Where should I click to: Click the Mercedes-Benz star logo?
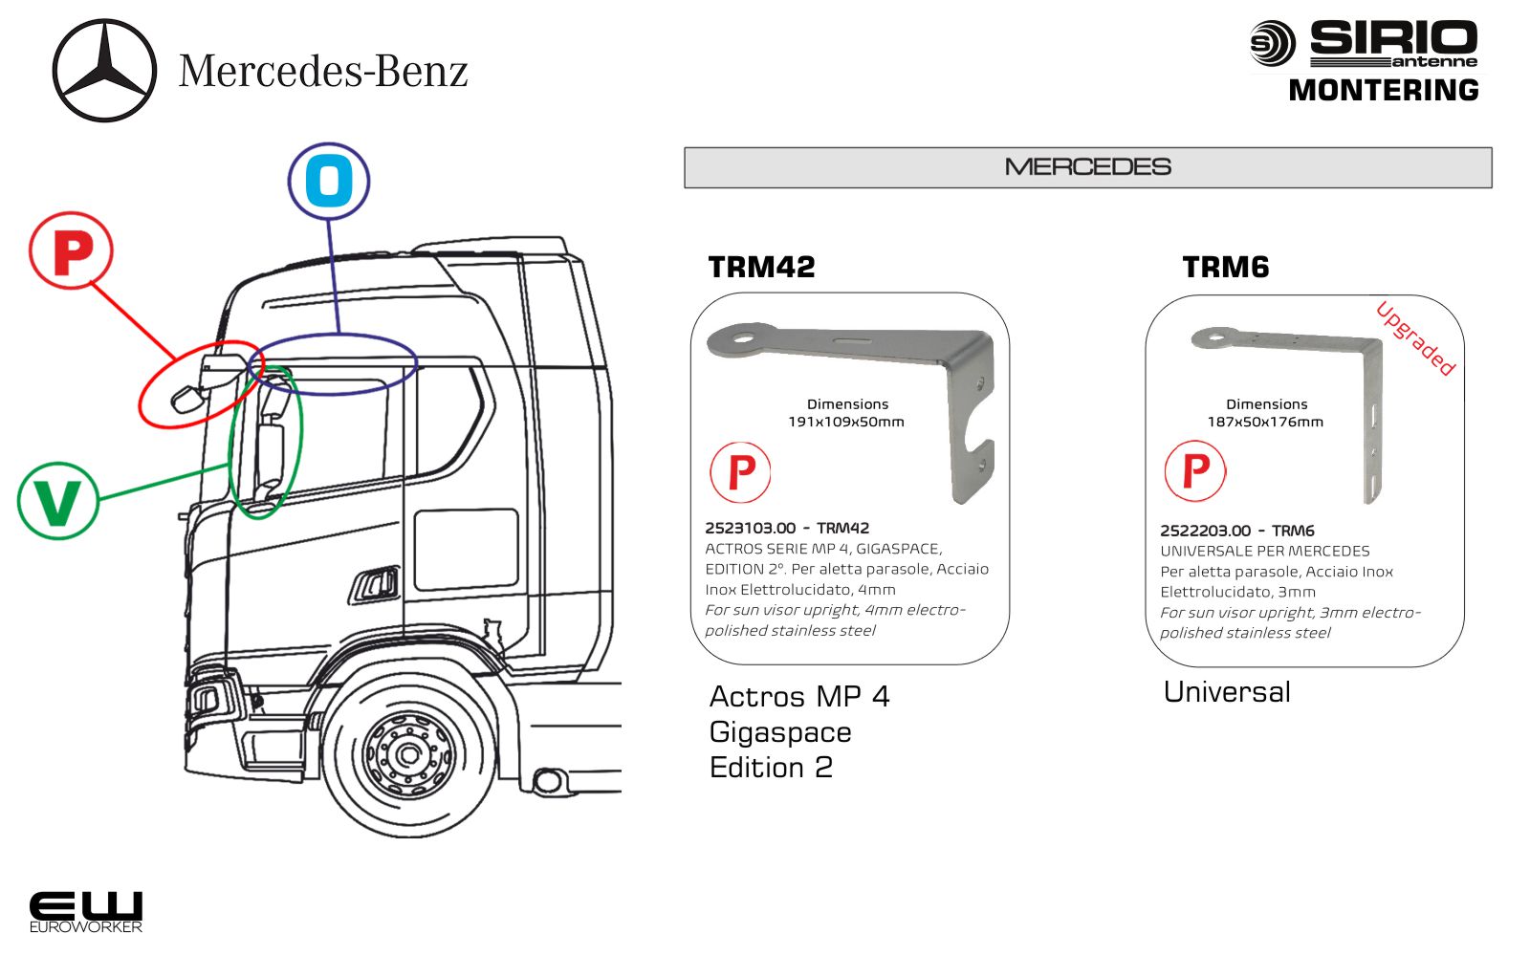point(104,71)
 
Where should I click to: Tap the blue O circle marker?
point(328,181)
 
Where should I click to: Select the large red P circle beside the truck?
point(72,251)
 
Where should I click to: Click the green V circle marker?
point(58,500)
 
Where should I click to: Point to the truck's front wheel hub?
point(409,754)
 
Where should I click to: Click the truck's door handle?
point(377,583)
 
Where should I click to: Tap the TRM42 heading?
point(761,267)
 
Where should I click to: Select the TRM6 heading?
point(1225,267)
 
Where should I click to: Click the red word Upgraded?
point(1415,338)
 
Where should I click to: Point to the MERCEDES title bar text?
point(1087,167)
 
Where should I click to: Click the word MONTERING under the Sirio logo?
point(1383,91)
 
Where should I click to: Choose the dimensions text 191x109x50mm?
point(846,422)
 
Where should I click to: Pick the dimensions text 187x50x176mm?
point(1265,422)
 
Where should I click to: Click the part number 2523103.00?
point(751,528)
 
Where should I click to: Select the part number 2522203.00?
point(1205,531)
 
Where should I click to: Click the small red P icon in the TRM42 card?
point(740,472)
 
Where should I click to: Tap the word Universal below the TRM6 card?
point(1227,692)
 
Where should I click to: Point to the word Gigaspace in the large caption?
point(780,732)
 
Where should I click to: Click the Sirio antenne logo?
point(1365,44)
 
